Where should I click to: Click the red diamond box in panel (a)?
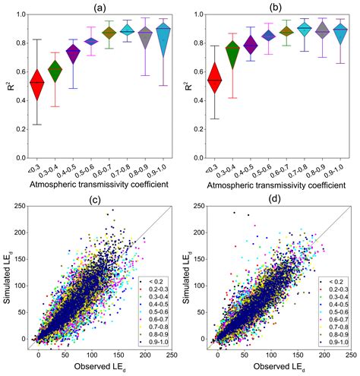point(36,82)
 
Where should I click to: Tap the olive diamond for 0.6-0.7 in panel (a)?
point(110,33)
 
